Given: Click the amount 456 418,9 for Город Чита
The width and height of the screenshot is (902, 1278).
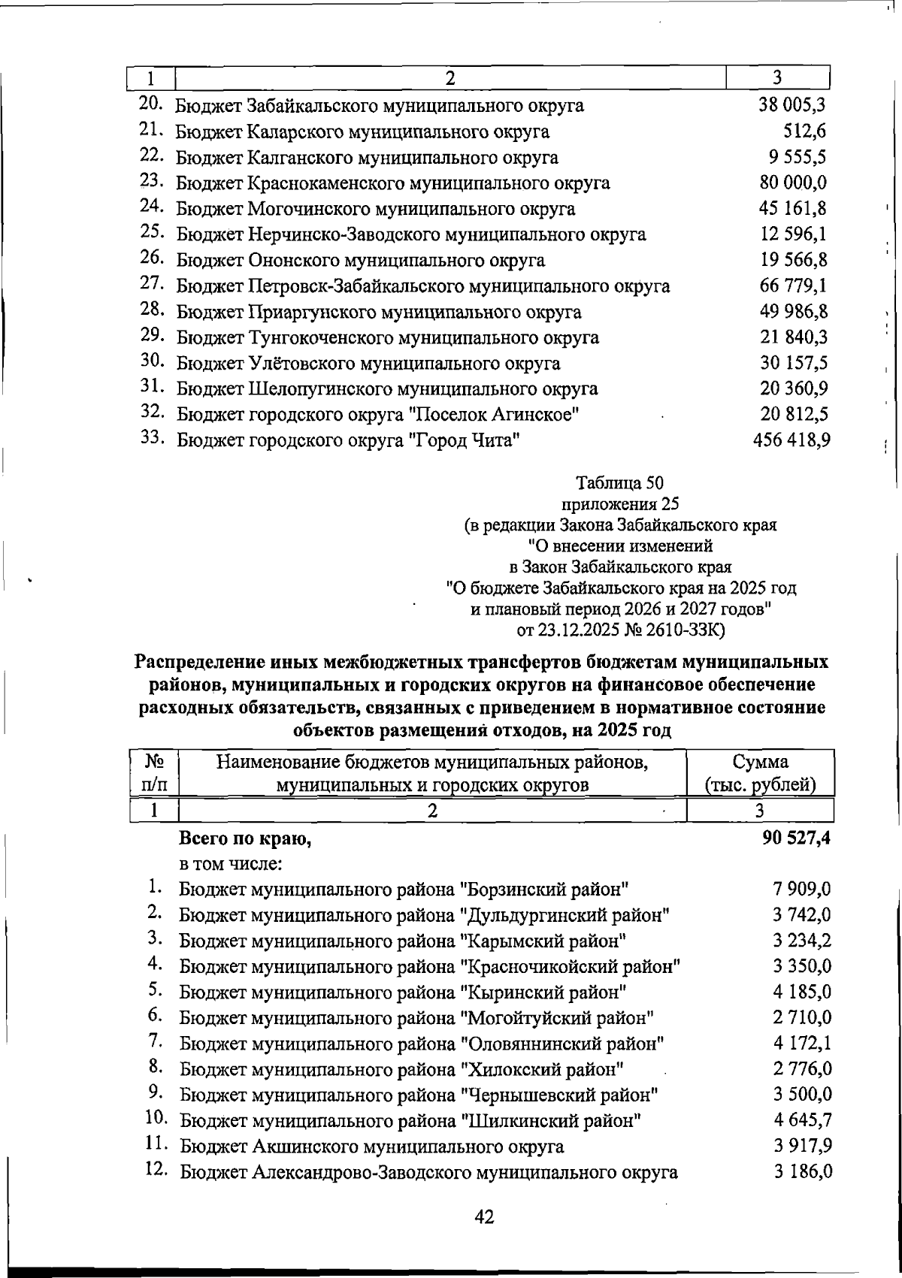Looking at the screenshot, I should (x=791, y=440).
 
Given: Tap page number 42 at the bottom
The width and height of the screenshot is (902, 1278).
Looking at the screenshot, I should (x=484, y=1216).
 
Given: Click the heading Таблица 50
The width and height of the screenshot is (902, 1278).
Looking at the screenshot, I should (x=619, y=482).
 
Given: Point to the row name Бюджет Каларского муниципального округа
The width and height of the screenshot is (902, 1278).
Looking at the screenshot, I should (x=362, y=132).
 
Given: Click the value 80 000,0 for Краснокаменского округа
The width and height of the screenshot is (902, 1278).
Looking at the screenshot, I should (x=793, y=183).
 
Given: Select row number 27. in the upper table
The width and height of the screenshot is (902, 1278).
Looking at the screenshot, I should (x=152, y=284).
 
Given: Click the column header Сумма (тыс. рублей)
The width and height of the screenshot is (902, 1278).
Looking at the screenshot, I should (x=760, y=773).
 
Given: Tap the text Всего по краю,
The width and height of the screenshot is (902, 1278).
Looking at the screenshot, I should (x=245, y=839).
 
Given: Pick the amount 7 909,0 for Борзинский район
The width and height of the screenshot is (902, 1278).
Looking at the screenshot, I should (x=801, y=890).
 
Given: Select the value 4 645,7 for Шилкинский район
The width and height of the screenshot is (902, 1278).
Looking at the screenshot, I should (x=802, y=1120).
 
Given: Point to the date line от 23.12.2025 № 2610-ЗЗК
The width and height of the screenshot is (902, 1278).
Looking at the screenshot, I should (x=621, y=629).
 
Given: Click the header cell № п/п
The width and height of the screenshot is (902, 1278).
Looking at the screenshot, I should (x=155, y=773).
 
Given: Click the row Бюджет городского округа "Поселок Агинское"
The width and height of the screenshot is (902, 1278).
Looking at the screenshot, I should (x=377, y=415).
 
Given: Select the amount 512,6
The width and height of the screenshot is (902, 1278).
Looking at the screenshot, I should (x=804, y=131).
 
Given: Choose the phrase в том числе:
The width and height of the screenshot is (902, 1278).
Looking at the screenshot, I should (x=230, y=864).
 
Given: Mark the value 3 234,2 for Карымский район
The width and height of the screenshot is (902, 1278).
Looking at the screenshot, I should (x=802, y=941).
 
